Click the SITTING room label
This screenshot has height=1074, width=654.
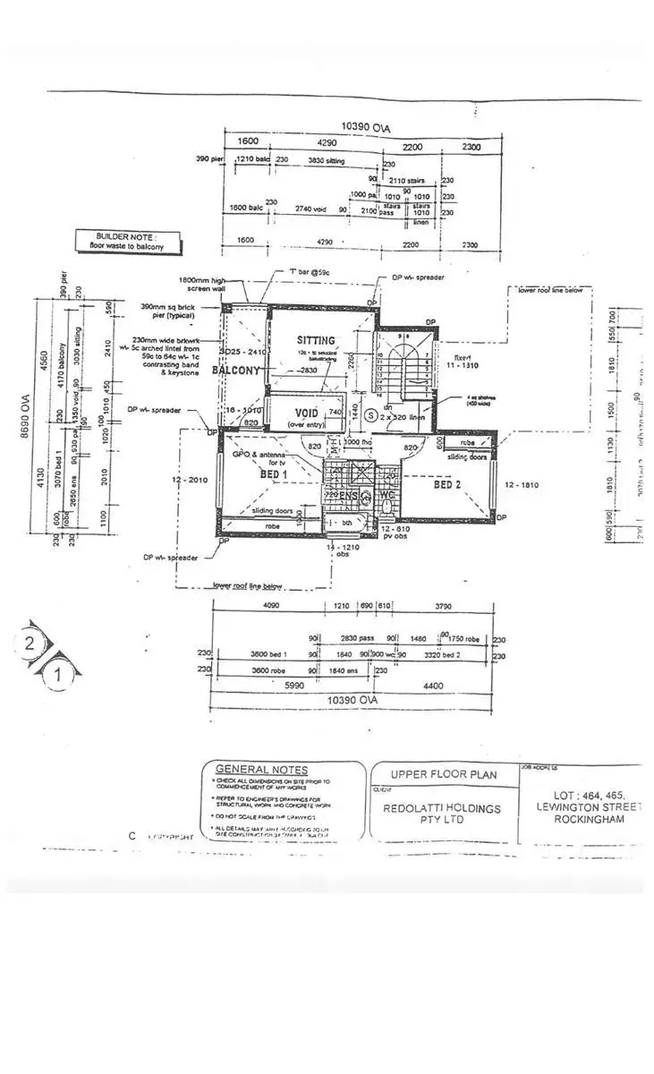(x=317, y=340)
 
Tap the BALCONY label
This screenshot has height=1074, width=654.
(x=235, y=370)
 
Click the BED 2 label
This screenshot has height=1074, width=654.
(x=449, y=485)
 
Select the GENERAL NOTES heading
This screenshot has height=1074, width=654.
(x=262, y=770)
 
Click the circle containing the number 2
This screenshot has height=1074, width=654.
(x=30, y=642)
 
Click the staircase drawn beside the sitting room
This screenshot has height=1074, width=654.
(x=401, y=365)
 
